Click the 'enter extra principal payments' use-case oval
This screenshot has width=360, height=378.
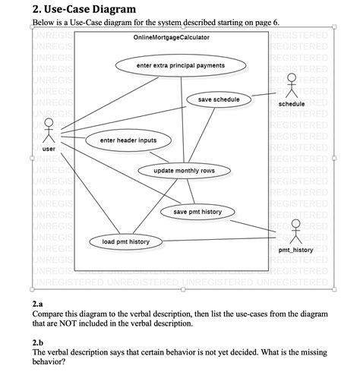pos(180,66)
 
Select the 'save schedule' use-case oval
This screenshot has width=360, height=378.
pos(218,100)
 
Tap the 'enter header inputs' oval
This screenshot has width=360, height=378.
pos(128,140)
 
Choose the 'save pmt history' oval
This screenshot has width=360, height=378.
pos(197,212)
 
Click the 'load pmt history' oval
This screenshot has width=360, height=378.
pos(125,242)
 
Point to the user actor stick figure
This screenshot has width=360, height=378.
pos(49,131)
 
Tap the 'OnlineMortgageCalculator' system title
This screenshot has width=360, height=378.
pos(171,37)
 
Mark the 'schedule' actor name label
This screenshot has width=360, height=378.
pos(292,104)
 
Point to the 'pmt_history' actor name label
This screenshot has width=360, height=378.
pos(295,249)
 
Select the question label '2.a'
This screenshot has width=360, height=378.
pos(39,303)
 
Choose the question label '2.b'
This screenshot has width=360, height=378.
pos(39,342)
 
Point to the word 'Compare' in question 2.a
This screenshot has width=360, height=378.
pos(53,313)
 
